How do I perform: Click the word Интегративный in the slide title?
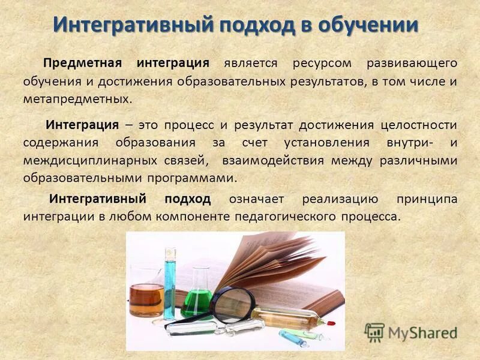point(134,25)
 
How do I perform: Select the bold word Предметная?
point(84,63)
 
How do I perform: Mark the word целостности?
point(419,125)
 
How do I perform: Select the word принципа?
point(427,199)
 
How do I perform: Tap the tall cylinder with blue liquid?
point(170,282)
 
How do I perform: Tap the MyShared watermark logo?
point(411,332)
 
